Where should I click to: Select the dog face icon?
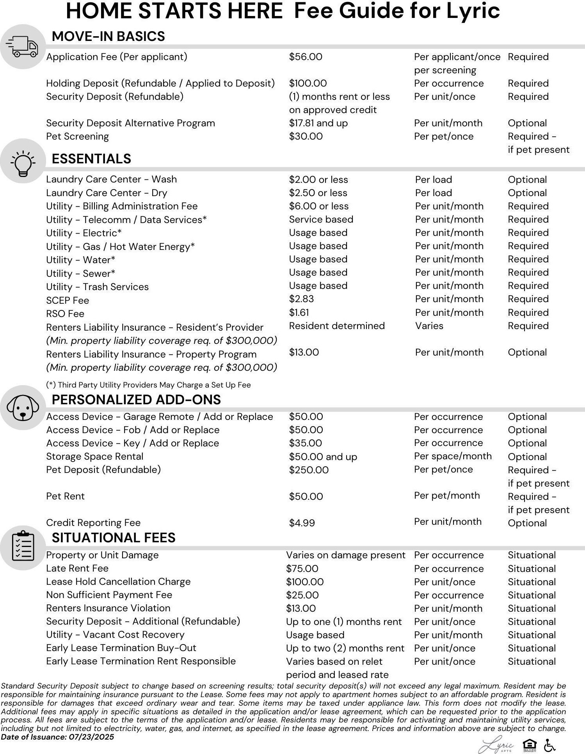pyautogui.click(x=23, y=407)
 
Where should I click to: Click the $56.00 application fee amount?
pyautogui.click(x=306, y=57)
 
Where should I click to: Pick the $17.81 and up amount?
pyautogui.click(x=318, y=123)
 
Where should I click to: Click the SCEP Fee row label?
pyautogui.click(x=68, y=301)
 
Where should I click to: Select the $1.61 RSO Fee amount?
pyautogui.click(x=299, y=313)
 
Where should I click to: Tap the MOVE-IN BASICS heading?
pyautogui.click(x=108, y=36)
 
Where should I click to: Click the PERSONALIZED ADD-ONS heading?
pyautogui.click(x=136, y=400)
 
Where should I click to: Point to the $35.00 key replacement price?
pyautogui.click(x=305, y=443)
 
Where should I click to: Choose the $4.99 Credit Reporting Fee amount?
pyautogui.click(x=302, y=523)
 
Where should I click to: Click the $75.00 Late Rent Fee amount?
pyautogui.click(x=302, y=569)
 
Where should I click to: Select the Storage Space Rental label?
pyautogui.click(x=94, y=457)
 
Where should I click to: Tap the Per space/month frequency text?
pyautogui.click(x=453, y=456)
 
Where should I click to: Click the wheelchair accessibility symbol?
pyautogui.click(x=549, y=745)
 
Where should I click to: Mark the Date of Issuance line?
pyautogui.click(x=57, y=737)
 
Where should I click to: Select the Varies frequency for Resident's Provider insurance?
pyautogui.click(x=429, y=326)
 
